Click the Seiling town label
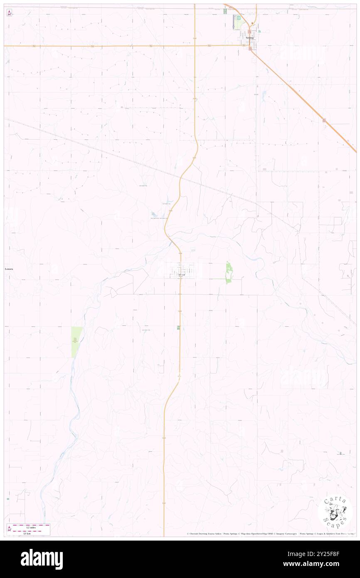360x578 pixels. pyautogui.click(x=249, y=37)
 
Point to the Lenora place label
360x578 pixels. pyautogui.click(x=9, y=269)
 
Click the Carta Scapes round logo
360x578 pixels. pyautogui.click(x=335, y=511)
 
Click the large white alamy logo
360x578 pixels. pyautogui.click(x=42, y=559)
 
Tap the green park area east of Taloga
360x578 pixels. pyautogui.click(x=228, y=273)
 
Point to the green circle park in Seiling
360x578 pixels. pyautogui.click(x=239, y=18)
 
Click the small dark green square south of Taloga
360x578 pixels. pyautogui.click(x=178, y=328)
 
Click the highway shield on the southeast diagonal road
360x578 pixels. pyautogui.click(x=324, y=120)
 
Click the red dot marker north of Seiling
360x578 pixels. pyautogui.click(x=253, y=23)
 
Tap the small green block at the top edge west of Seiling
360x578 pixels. pyautogui.click(x=226, y=11)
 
